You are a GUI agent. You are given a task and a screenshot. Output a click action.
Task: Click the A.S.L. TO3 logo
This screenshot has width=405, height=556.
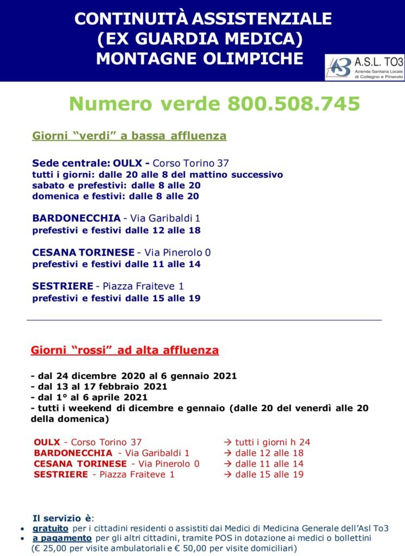pyautogui.click(x=364, y=67)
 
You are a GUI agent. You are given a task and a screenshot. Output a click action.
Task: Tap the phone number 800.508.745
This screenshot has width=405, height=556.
pyautogui.click(x=294, y=103)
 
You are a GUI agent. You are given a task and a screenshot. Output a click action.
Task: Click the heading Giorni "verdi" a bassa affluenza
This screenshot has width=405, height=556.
pyautogui.click(x=129, y=136)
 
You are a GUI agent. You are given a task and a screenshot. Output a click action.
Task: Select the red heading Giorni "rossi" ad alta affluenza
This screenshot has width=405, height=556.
pyautogui.click(x=125, y=350)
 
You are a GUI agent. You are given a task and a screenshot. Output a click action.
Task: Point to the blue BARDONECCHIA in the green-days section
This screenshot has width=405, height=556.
pyautogui.click(x=77, y=218)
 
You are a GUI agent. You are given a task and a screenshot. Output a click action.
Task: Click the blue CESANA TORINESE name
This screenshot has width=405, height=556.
pyautogui.click(x=83, y=252)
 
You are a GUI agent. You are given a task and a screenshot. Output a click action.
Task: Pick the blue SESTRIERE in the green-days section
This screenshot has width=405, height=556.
pyautogui.click(x=62, y=286)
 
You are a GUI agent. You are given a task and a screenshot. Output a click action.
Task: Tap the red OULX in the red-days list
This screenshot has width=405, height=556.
pyautogui.click(x=47, y=443)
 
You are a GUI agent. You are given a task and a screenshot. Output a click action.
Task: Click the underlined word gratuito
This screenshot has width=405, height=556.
pyautogui.click(x=50, y=528)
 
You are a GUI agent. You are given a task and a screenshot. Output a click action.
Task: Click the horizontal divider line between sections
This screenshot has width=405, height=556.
pyautogui.click(x=204, y=320)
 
